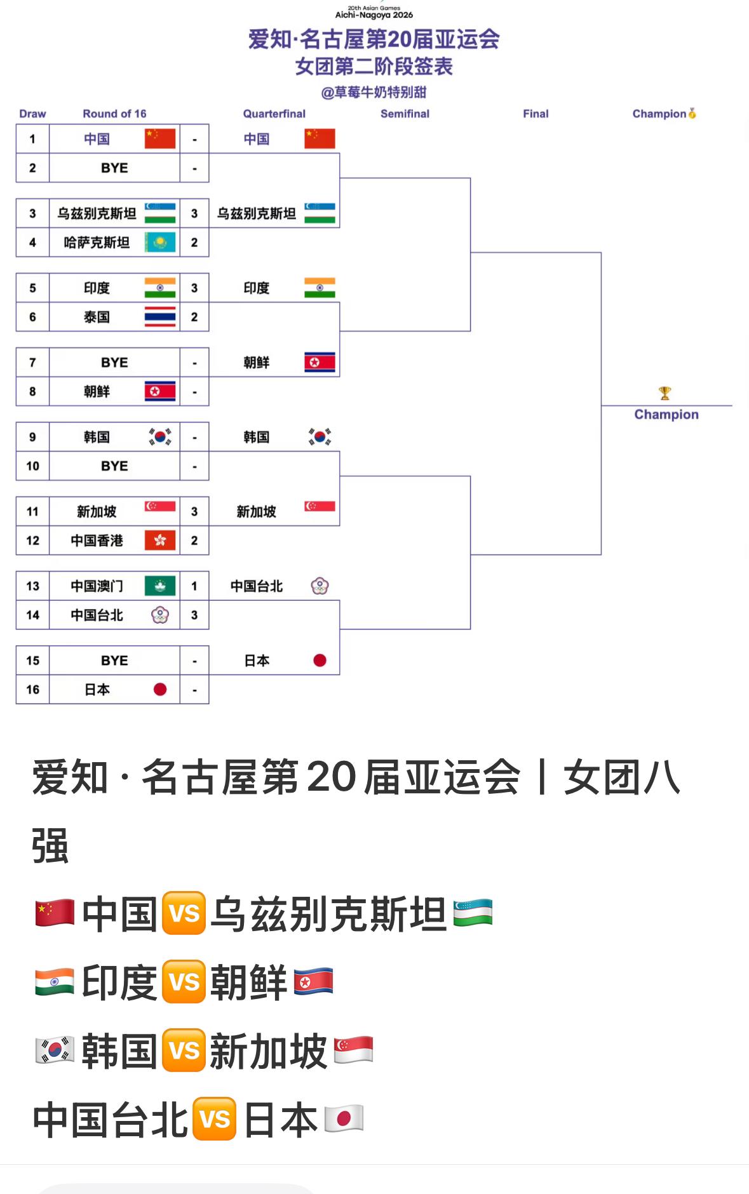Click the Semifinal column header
(405, 114)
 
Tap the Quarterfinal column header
(274, 114)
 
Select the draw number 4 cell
(32, 243)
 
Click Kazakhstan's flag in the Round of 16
(160, 242)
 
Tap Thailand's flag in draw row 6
(160, 317)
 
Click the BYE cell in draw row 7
(114, 363)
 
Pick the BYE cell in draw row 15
(114, 661)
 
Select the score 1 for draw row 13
(194, 586)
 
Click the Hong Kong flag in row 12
(160, 540)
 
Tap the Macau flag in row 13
(160, 586)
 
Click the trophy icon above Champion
(665, 393)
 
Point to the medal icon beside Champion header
(692, 114)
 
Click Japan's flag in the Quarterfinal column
(320, 661)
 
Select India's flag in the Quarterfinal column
(320, 288)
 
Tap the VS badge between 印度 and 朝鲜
(184, 982)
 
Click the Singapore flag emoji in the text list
(353, 1050)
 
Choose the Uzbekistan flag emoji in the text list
(473, 913)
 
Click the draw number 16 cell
(32, 690)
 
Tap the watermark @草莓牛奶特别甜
(374, 93)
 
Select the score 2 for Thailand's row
(194, 317)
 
